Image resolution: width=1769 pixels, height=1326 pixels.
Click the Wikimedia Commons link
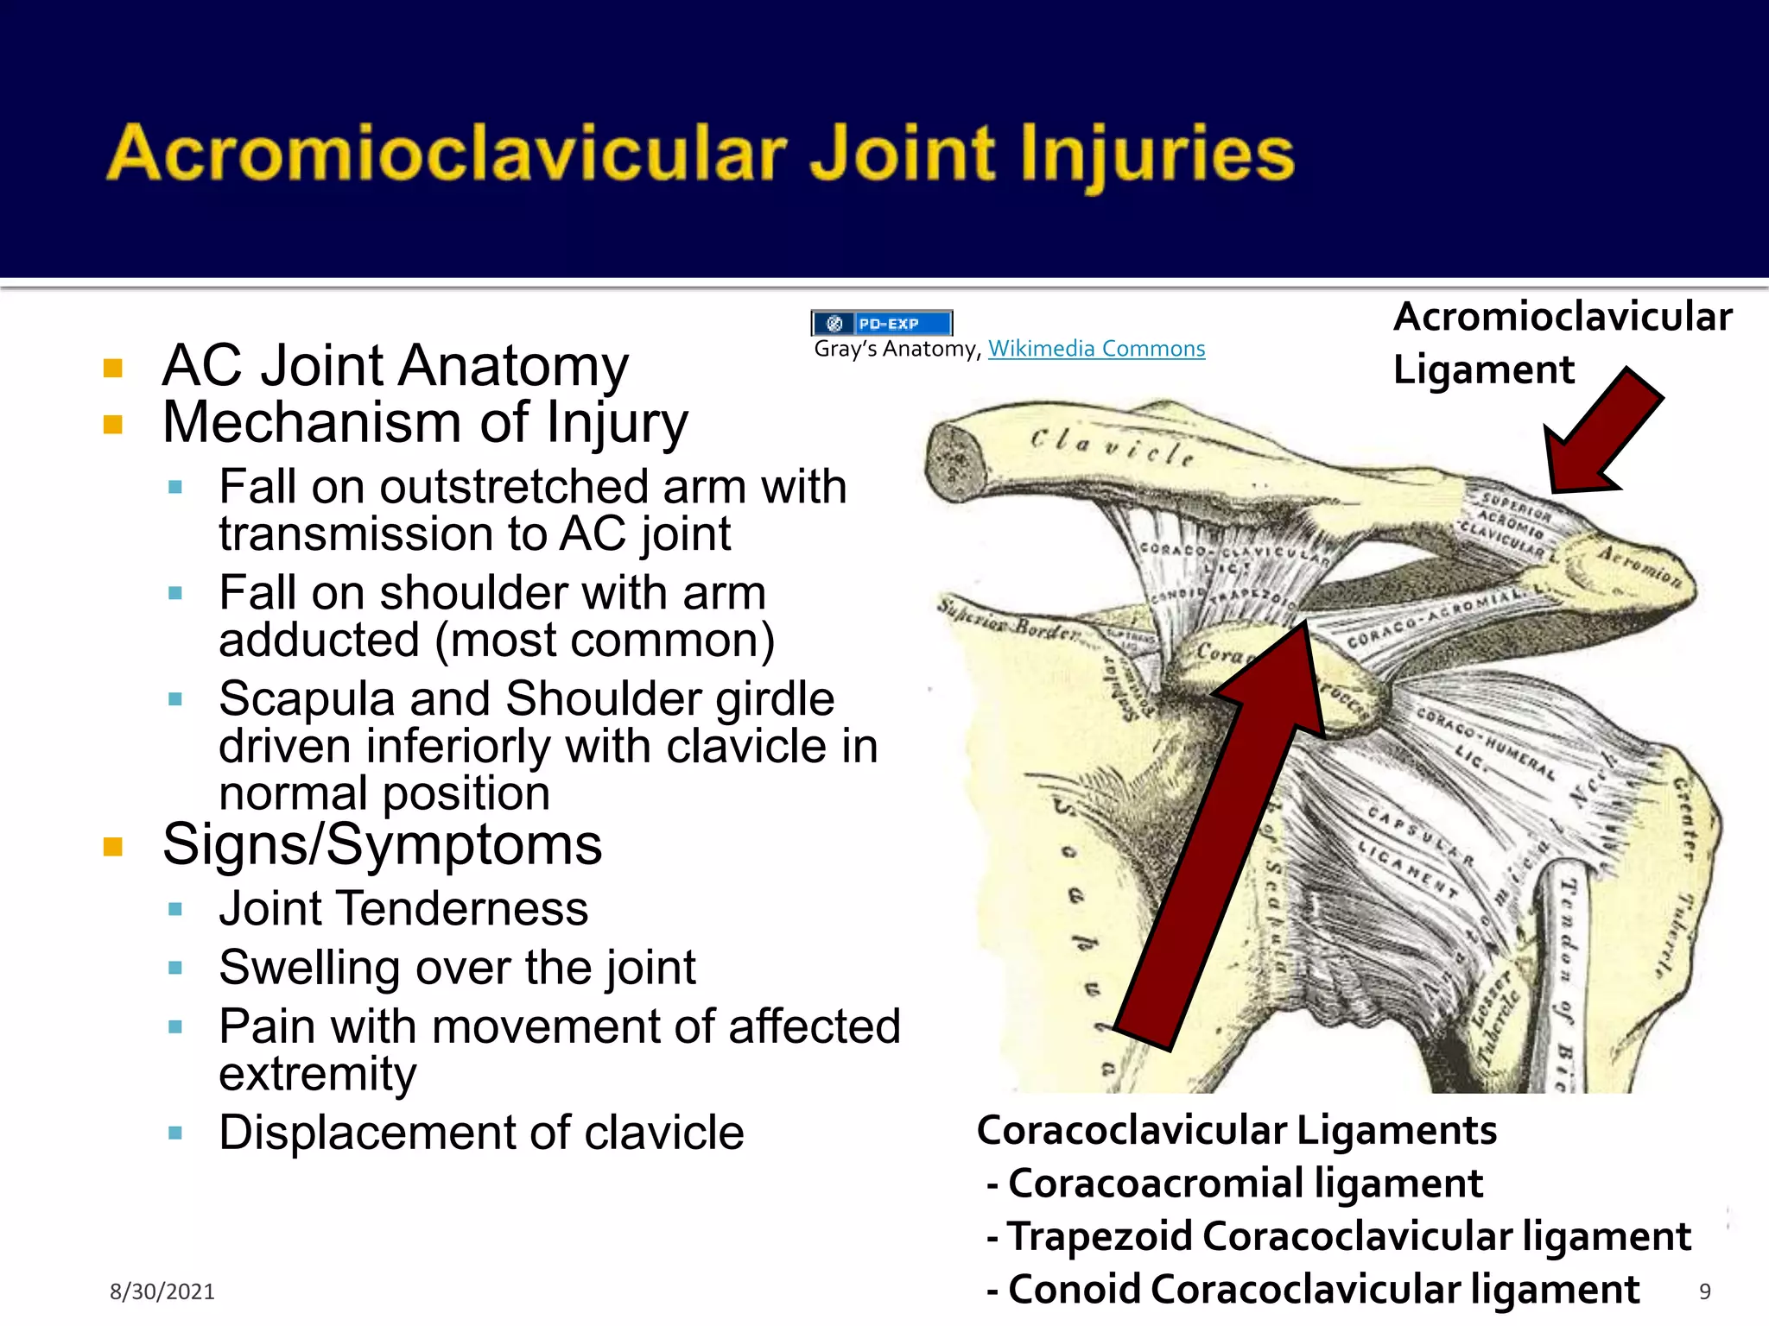click(1096, 349)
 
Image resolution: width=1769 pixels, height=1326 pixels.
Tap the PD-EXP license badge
click(882, 324)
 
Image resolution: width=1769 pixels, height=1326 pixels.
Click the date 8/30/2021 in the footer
click(162, 1291)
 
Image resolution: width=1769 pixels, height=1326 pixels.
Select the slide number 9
click(1704, 1291)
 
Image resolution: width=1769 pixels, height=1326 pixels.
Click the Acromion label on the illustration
click(1639, 566)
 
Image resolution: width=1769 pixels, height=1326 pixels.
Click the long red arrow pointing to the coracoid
click(1227, 829)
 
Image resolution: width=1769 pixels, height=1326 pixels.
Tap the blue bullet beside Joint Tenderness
click(175, 909)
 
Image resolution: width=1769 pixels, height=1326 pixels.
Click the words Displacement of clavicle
click(481, 1133)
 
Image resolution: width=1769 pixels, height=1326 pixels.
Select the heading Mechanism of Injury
click(425, 423)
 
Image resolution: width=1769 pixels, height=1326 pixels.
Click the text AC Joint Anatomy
click(396, 366)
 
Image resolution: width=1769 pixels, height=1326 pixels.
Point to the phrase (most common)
click(605, 641)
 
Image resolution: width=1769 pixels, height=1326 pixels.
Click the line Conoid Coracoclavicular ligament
click(1322, 1290)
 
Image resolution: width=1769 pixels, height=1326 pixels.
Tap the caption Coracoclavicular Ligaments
click(1236, 1130)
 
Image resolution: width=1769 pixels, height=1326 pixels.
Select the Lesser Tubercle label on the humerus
click(1494, 1019)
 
